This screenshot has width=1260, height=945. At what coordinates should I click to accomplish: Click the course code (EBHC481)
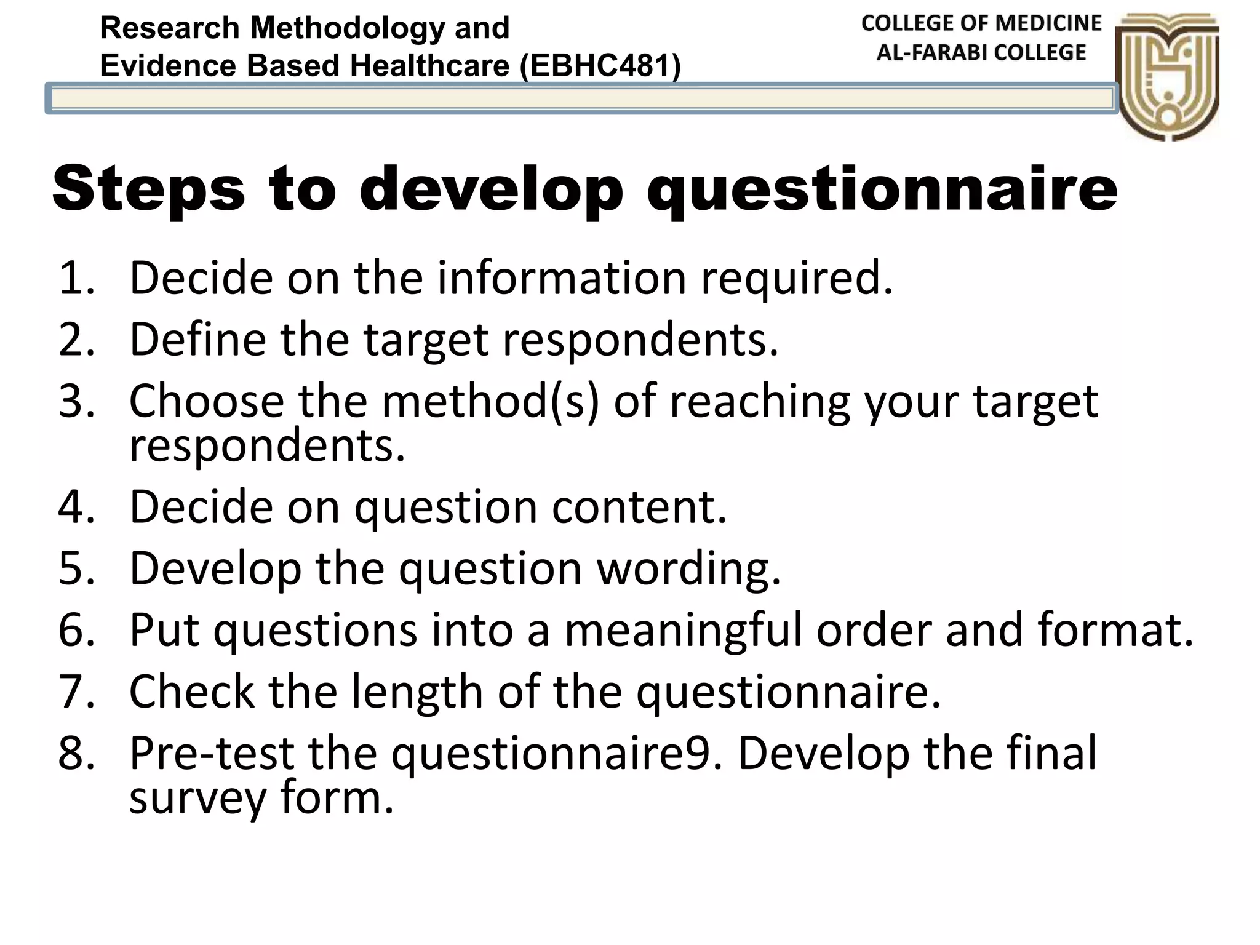[x=600, y=65]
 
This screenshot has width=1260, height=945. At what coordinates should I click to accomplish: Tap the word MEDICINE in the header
[x=1048, y=23]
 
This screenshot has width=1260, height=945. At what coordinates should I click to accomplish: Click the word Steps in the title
[x=148, y=189]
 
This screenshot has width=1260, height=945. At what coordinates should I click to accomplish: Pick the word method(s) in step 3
[x=490, y=402]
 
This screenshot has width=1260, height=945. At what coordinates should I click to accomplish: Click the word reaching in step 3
[x=759, y=402]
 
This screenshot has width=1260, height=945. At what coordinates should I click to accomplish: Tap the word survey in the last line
[x=197, y=798]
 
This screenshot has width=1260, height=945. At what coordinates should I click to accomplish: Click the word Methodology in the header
[x=347, y=28]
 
